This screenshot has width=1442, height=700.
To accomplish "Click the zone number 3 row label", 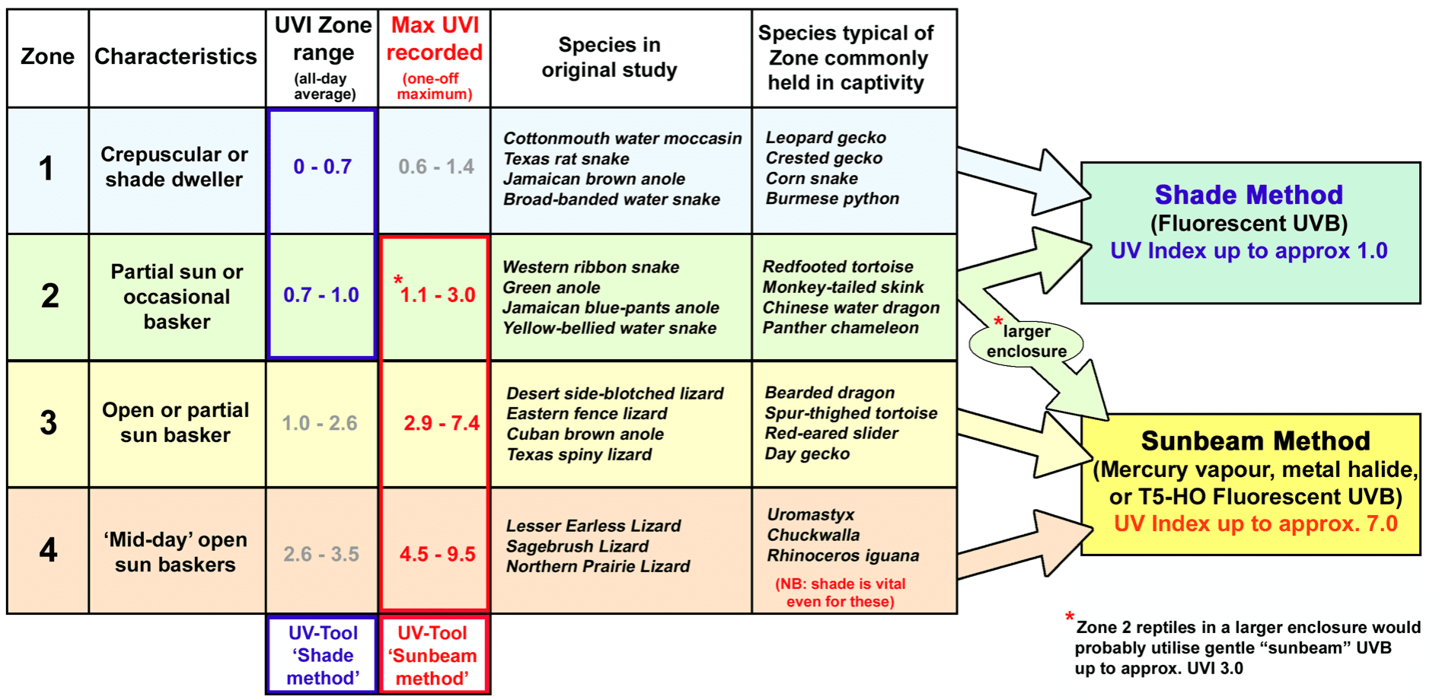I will [x=48, y=423].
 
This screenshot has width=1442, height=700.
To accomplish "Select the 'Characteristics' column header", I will [x=176, y=56].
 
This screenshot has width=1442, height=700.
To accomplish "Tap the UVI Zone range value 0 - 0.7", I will [x=322, y=167].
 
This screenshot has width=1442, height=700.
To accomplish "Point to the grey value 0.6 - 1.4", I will [x=435, y=167].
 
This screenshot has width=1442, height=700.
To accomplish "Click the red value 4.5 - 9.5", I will [x=437, y=554].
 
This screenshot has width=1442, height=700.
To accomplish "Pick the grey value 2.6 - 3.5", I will [x=321, y=554].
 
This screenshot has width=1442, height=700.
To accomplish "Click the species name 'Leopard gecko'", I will [x=825, y=138].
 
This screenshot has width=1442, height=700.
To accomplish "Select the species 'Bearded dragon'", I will [x=829, y=393].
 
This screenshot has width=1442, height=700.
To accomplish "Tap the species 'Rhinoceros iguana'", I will [x=843, y=555].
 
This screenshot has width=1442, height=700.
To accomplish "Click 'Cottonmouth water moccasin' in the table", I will [x=622, y=138].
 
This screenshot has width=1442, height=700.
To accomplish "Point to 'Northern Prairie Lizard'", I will [x=598, y=566].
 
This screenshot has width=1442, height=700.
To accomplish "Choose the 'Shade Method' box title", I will [x=1249, y=195].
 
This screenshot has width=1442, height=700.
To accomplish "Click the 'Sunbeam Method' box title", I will [x=1255, y=441].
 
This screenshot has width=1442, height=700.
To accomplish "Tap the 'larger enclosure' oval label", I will [x=1026, y=342].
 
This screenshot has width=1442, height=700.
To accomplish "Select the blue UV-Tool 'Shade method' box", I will [x=322, y=655].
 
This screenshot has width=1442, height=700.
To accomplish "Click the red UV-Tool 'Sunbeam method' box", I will [x=432, y=655].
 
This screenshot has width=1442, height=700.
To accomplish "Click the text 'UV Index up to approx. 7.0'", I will [x=1255, y=524].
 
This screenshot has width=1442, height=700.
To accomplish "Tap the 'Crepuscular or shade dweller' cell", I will [x=174, y=167].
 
